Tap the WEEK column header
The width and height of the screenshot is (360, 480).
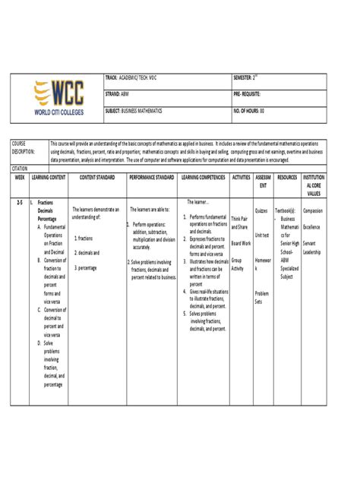pyautogui.click(x=20, y=176)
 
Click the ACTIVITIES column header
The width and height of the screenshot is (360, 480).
pyautogui.click(x=241, y=176)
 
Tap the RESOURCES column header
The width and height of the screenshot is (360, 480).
pyautogui.click(x=287, y=176)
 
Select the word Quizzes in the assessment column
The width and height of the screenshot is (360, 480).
pyautogui.click(x=261, y=210)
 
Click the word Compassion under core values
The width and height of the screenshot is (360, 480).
pyautogui.click(x=313, y=210)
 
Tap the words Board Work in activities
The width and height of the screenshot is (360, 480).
pyautogui.click(x=241, y=243)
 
